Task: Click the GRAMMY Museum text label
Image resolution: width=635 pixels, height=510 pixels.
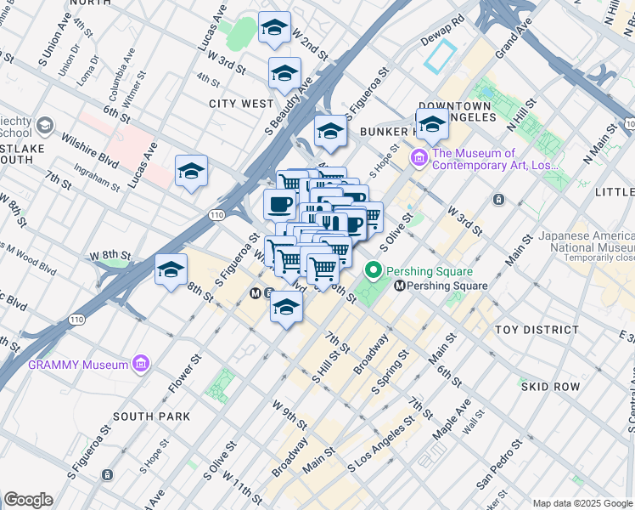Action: [78, 365]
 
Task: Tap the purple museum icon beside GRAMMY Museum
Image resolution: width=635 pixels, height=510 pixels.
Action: [142, 365]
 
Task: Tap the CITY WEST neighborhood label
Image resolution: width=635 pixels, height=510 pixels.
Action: [242, 104]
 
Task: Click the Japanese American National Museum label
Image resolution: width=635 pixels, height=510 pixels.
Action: [586, 241]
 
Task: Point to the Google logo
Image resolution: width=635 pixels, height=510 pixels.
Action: [27, 500]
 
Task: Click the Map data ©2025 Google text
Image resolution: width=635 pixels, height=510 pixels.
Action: [582, 503]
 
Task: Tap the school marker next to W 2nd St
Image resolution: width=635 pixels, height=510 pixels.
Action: [273, 29]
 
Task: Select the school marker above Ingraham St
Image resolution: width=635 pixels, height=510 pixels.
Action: [192, 170]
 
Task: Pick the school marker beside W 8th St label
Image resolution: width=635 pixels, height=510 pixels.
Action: [171, 271]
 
